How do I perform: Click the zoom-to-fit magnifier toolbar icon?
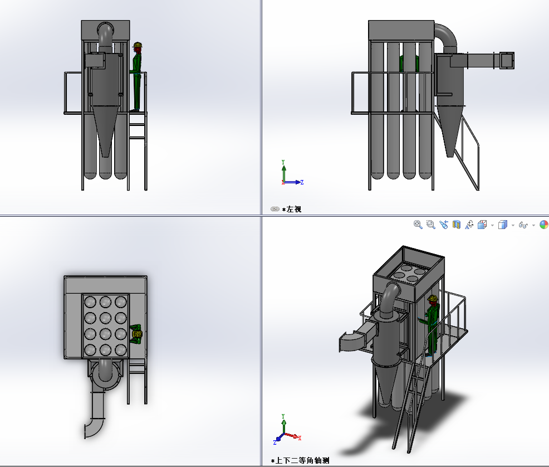(x=418, y=225)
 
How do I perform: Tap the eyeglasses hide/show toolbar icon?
(x=523, y=225)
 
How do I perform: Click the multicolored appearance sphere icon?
(x=544, y=225)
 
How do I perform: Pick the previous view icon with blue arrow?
(x=444, y=225)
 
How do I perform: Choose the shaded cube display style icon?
(x=502, y=225)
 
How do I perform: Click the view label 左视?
(x=294, y=209)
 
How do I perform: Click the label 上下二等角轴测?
(x=302, y=460)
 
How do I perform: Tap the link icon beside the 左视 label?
(x=275, y=209)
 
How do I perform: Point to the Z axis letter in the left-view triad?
(x=302, y=182)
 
